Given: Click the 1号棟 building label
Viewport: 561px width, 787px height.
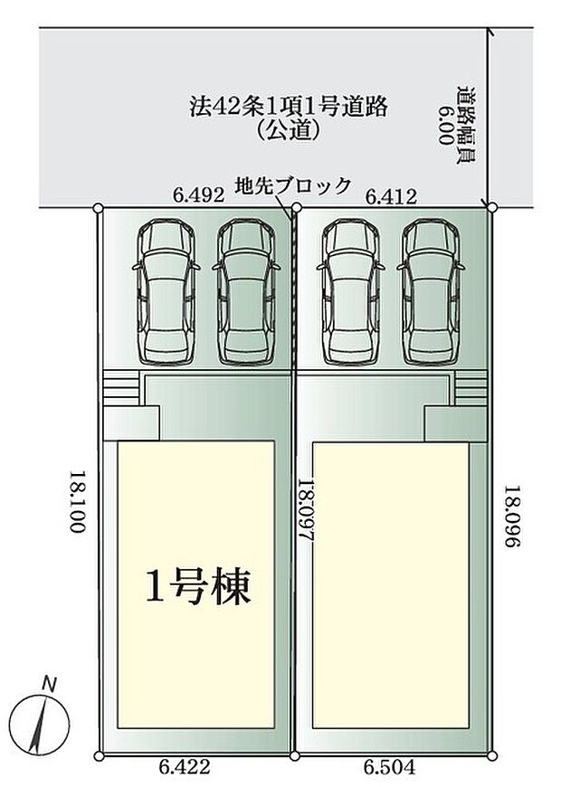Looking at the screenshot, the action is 197,587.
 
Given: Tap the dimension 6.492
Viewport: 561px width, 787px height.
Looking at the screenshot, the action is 198,195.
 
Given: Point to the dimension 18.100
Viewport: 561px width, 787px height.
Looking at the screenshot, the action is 79,501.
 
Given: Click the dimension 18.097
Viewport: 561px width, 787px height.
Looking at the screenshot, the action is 306,509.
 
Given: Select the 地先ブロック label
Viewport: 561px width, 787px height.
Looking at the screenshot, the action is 293,186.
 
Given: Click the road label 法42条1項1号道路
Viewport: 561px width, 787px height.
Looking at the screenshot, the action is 289,107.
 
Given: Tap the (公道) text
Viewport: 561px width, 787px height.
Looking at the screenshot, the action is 289,131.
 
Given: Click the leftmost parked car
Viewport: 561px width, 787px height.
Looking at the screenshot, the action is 166,291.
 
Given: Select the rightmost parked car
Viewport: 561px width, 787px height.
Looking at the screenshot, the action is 431,292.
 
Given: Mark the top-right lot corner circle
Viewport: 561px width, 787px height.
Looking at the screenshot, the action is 492,206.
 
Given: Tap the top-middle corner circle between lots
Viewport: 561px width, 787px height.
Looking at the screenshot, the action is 296,207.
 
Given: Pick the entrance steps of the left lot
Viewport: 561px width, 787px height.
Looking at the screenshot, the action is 121,387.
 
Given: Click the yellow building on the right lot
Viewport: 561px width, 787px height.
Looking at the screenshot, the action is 390,585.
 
